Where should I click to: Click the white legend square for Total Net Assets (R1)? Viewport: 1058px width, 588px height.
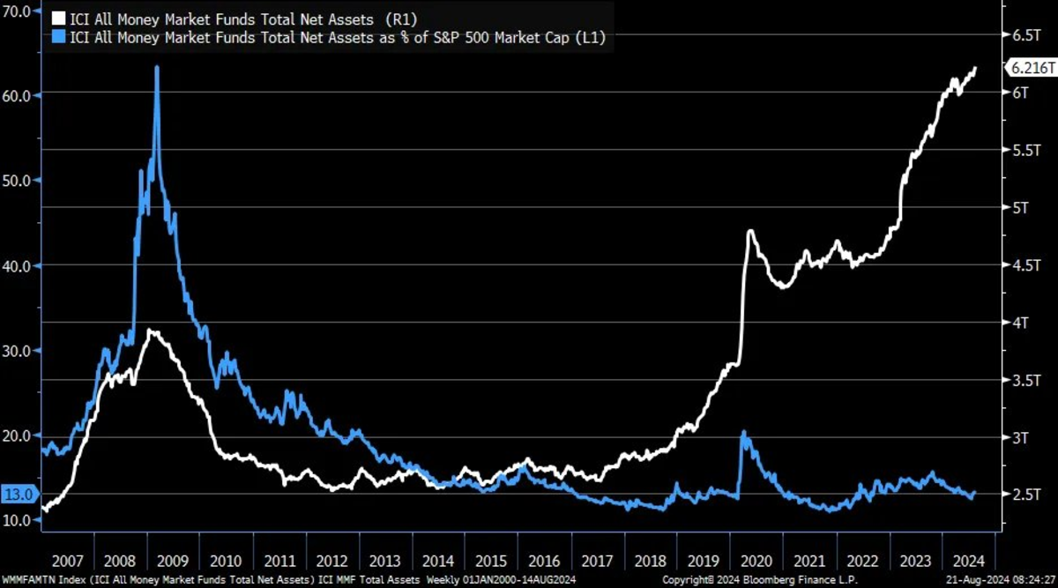point(58,17)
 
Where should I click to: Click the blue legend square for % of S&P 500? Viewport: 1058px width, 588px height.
point(58,37)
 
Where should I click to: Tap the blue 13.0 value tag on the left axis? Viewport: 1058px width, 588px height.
point(17,495)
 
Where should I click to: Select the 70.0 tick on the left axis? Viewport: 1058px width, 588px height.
point(18,11)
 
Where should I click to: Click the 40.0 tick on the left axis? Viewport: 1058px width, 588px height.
point(18,265)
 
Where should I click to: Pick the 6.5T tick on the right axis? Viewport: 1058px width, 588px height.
point(1026,35)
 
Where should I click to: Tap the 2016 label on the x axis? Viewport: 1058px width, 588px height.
point(544,561)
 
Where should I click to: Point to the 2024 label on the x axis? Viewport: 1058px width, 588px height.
point(968,561)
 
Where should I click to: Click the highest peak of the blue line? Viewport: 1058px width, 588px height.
point(157,67)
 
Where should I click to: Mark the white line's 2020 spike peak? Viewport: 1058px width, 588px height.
point(750,231)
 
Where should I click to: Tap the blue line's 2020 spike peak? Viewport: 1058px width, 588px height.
point(743,432)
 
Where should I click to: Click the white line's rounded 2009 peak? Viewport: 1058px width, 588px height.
point(153,331)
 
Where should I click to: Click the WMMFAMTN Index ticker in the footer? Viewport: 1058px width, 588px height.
point(40,580)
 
